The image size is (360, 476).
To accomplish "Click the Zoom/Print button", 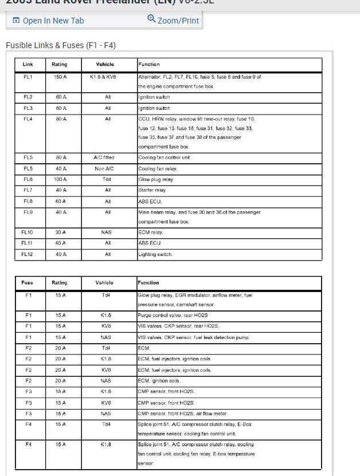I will point(173,20).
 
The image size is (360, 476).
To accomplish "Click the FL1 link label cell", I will point(28,76).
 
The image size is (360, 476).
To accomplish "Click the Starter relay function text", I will point(152,190).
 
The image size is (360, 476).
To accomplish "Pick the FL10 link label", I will point(28,233).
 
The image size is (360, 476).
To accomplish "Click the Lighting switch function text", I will point(155,254).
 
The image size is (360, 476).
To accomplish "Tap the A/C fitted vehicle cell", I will point(108,157).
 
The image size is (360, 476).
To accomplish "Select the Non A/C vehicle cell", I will point(108,168).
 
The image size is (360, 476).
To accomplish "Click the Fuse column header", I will point(28,282).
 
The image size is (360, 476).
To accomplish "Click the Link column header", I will point(28,64).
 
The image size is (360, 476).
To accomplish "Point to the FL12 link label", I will point(28,254).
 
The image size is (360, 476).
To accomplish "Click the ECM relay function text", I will point(151,233).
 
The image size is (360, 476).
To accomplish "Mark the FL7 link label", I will point(28,190).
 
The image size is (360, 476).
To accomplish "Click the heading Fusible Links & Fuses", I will point(60,45).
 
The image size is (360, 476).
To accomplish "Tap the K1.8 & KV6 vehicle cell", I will point(103,76).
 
